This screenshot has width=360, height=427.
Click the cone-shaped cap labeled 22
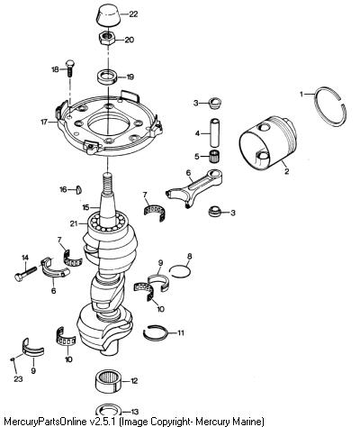point(109,15)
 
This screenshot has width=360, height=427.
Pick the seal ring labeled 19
point(107,77)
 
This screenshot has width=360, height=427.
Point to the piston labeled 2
point(267,141)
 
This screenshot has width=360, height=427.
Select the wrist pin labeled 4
point(215,132)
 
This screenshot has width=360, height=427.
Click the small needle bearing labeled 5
point(215,156)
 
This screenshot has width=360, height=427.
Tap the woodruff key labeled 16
point(79,190)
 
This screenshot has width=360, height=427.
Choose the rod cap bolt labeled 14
point(25,273)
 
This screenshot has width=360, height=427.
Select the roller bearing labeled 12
point(109,381)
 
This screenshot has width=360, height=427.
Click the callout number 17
point(44,123)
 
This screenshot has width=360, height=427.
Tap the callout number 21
point(74,223)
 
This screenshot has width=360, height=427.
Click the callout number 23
point(18,379)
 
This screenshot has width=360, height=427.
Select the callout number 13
point(135,412)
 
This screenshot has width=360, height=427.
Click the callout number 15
point(86,207)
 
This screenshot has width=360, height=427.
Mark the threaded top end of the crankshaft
point(107,183)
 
